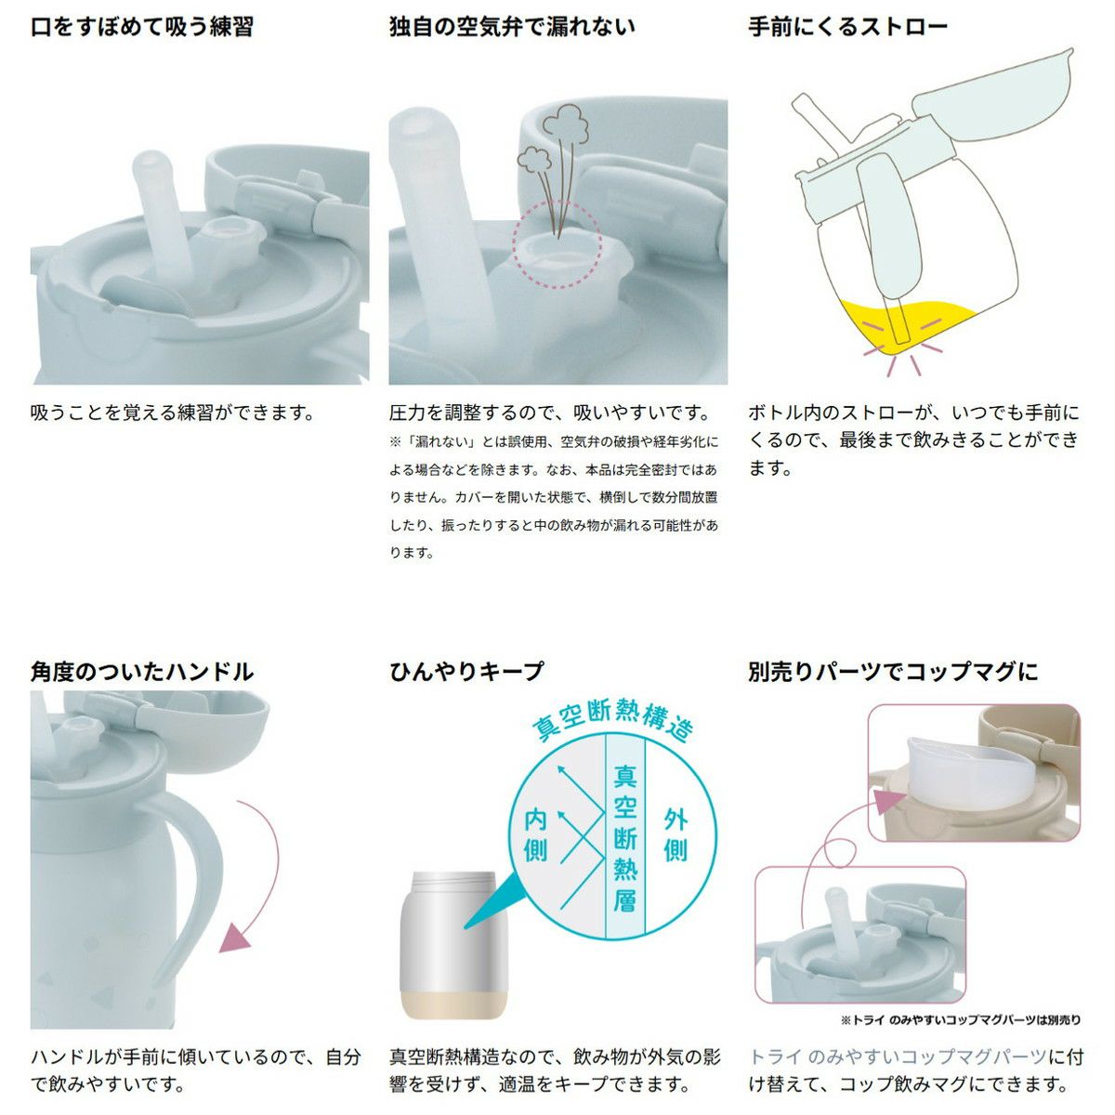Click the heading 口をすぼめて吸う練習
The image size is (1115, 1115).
click(x=142, y=27)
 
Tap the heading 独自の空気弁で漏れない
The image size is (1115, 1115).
click(x=512, y=27)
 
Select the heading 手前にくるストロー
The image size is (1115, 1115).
click(x=848, y=27)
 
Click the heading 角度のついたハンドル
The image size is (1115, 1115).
click(x=142, y=672)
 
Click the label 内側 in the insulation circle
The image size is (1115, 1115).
click(x=535, y=836)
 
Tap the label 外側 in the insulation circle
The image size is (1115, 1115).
click(x=676, y=836)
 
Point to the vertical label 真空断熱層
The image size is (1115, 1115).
click(x=625, y=838)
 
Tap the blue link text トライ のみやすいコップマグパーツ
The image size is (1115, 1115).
click(x=899, y=1056)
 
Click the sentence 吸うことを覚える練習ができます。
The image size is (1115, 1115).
click(x=173, y=413)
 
